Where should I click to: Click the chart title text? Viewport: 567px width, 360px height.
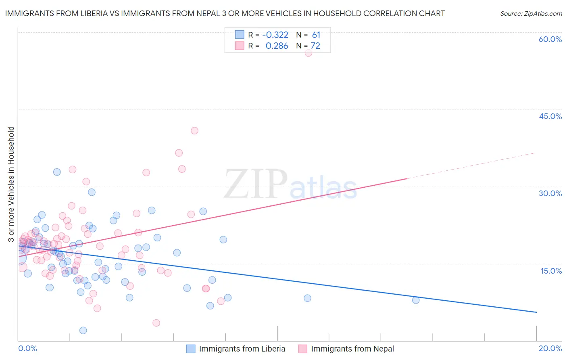(225, 13)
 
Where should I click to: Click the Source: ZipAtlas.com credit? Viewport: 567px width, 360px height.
(531, 13)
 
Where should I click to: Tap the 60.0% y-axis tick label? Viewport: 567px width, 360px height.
(550, 39)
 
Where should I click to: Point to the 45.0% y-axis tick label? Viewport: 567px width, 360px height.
(550, 116)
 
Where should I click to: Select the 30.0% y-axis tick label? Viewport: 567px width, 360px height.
(550, 193)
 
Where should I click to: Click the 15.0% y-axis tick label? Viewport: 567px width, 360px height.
(551, 271)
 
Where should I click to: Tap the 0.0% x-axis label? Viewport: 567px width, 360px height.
(27, 348)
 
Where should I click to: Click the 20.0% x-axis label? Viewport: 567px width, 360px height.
(550, 348)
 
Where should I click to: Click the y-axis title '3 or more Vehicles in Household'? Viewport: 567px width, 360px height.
(11, 184)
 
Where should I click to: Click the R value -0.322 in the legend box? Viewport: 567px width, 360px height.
(275, 35)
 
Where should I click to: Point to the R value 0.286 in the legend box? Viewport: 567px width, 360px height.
(277, 46)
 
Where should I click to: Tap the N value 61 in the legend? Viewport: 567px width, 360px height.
(316, 35)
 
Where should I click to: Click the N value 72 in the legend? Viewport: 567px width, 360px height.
(315, 46)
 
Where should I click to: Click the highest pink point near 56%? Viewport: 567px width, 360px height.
(309, 53)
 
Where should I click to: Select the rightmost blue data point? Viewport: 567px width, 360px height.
(416, 300)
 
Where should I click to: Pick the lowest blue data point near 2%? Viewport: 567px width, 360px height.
(83, 331)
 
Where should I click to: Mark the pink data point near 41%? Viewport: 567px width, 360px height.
(194, 130)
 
